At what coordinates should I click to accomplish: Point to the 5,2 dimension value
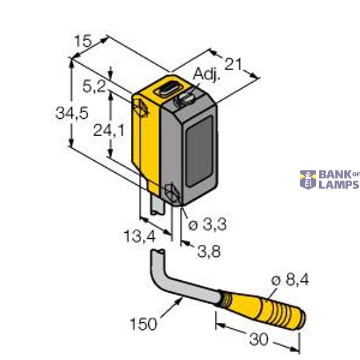(94, 88)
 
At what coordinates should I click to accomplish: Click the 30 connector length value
(258, 339)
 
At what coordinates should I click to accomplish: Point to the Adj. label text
(208, 74)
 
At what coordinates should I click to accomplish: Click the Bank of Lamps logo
(329, 179)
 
